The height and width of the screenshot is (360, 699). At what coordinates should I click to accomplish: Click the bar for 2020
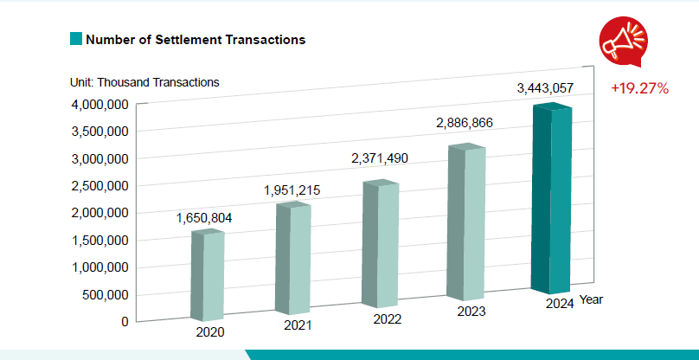pos(208,273)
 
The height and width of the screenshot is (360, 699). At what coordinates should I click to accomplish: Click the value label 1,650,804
pos(206,218)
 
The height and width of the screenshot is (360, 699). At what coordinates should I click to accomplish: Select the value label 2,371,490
pos(379,158)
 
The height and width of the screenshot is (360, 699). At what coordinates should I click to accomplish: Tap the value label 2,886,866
pos(464,123)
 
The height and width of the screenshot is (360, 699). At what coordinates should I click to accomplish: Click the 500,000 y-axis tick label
pos(104,294)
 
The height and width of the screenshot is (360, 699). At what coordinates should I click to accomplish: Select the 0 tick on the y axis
pos(125,321)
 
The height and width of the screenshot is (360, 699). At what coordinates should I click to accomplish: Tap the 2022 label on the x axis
pos(387,318)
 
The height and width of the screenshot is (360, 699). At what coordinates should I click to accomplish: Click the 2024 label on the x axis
pos(560,303)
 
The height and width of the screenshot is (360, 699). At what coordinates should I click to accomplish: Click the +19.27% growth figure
pos(639,88)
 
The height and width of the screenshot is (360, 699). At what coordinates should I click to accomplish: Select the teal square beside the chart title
pos(76,40)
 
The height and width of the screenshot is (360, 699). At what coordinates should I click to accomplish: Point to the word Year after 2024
pos(592,299)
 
